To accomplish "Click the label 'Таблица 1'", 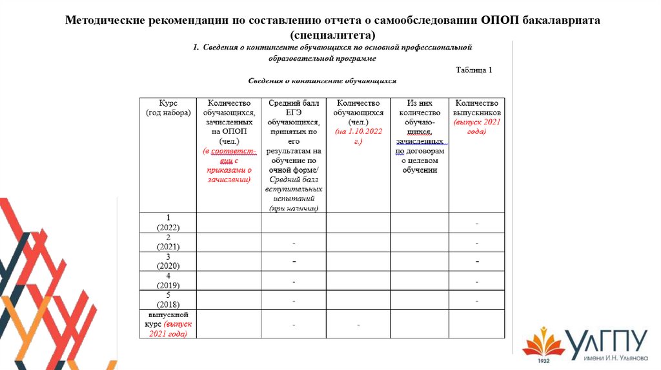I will point(474,70).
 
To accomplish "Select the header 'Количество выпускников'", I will point(477,107).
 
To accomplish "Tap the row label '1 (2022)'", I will point(168,222).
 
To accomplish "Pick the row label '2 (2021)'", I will point(168,242).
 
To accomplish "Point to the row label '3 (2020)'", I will point(168,261).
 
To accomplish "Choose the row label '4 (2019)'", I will point(168,280).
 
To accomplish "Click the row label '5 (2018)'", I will point(168,300).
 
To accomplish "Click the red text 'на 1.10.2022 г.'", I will point(358,135).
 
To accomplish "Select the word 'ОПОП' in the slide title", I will point(501,20).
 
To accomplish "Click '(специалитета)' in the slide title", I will point(332,34).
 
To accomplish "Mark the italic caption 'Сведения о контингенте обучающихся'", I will point(322,81).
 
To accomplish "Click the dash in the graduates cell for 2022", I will point(477,223).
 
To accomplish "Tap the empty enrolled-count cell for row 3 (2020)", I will point(229,261).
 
